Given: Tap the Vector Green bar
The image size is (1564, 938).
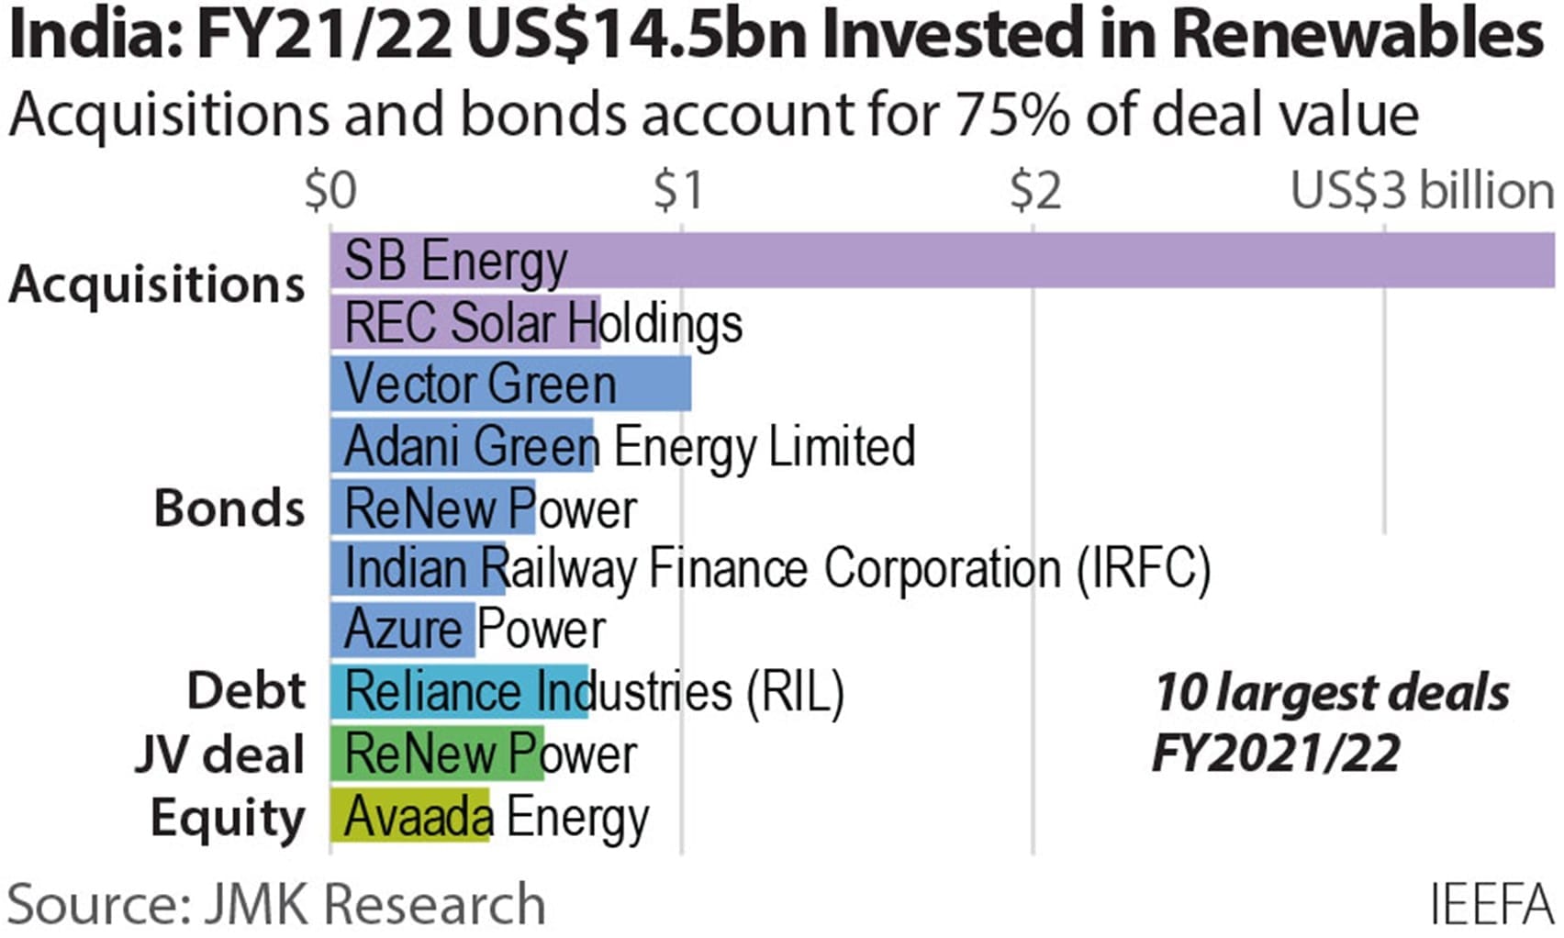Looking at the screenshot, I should pyautogui.click(x=510, y=384).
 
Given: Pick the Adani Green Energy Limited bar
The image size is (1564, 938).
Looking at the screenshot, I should pyautogui.click(x=462, y=445).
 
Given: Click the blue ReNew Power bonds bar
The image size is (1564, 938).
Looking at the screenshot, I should pyautogui.click(x=432, y=507).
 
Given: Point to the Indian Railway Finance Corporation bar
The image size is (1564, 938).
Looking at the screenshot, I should pyautogui.click(x=418, y=568).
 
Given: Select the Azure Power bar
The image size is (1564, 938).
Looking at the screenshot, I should pyautogui.click(x=403, y=630).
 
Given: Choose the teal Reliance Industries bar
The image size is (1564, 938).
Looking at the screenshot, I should pyautogui.click(x=459, y=691).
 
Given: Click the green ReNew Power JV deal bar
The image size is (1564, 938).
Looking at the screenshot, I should pyautogui.click(x=437, y=754).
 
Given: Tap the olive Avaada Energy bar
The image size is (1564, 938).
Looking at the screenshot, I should pyautogui.click(x=409, y=816).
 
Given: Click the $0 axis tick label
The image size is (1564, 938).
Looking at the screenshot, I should pyautogui.click(x=330, y=191).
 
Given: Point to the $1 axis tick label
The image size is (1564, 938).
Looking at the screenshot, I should pyautogui.click(x=678, y=191).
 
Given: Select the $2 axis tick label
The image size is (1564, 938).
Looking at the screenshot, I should pyautogui.click(x=1034, y=191).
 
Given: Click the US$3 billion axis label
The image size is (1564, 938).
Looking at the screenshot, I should pyautogui.click(x=1422, y=191).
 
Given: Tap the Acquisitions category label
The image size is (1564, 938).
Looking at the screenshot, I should pyautogui.click(x=157, y=284).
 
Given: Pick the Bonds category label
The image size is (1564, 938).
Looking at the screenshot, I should pyautogui.click(x=229, y=508).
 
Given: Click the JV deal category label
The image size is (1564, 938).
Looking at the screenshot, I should pyautogui.click(x=218, y=754).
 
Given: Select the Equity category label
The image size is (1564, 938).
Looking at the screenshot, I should pyautogui.click(x=227, y=818).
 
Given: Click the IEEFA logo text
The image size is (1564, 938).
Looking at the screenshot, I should pyautogui.click(x=1491, y=904).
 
